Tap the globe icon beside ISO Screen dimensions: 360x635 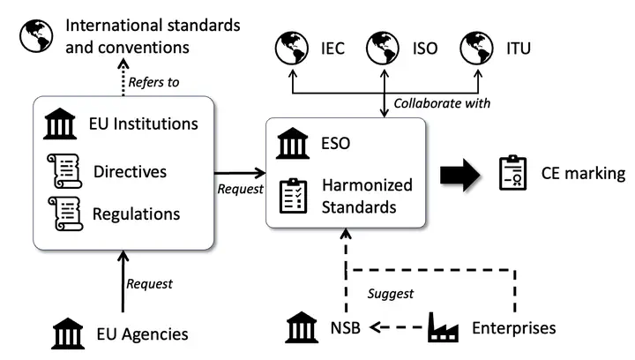point(384,48)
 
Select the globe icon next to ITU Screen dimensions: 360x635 point(475,48)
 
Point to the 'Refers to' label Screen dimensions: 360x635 point(154,82)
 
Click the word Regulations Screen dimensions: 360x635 point(137,214)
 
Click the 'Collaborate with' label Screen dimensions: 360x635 point(441,103)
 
